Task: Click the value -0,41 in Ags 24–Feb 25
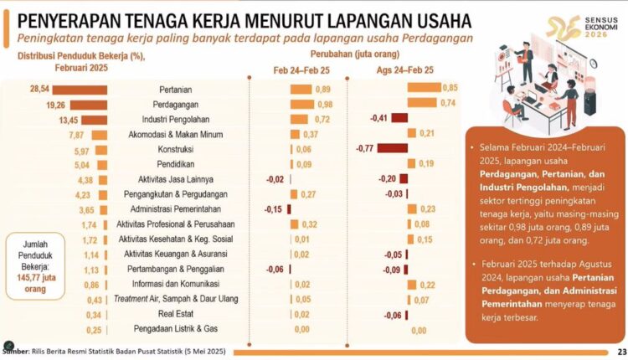pyautogui.click(x=380, y=119)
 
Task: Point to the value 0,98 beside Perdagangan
pyautogui.click(x=324, y=104)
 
